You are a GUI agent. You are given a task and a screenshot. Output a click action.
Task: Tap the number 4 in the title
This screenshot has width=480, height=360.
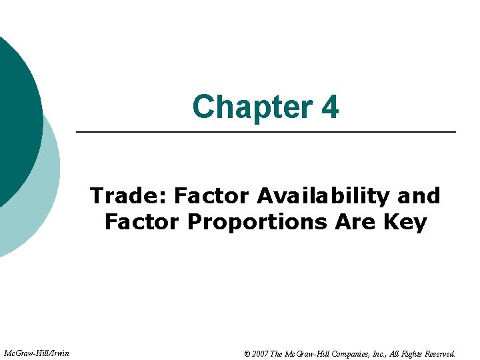pyautogui.click(x=329, y=107)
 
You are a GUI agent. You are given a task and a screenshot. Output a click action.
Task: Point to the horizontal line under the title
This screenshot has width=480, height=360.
pyautogui.click(x=266, y=133)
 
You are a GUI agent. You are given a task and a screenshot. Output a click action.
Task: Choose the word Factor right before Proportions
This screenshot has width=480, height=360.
pyautogui.click(x=143, y=222)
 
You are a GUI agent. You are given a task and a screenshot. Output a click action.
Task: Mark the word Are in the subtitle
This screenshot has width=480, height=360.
pyautogui.click(x=357, y=222)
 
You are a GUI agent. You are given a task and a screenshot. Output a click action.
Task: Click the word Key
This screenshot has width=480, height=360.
pyautogui.click(x=406, y=222)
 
